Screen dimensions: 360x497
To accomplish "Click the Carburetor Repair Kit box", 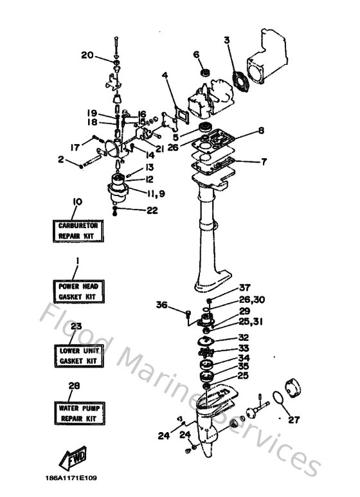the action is [78, 231].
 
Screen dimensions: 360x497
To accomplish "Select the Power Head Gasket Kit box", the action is [78, 292].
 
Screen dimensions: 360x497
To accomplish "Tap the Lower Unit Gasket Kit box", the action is [79, 356].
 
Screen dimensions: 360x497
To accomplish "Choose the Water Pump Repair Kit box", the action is [80, 413].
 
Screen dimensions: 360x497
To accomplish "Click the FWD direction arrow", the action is [73, 458].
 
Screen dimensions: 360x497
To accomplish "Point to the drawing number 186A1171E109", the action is [71, 478].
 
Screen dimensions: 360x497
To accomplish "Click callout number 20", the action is [87, 55].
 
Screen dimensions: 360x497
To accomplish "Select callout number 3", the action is [226, 41].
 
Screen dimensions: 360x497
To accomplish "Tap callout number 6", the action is [197, 55].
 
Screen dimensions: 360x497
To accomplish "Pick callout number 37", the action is [245, 288].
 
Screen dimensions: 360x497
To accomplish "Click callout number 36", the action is [161, 305].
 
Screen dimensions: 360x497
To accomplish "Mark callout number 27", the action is [294, 420].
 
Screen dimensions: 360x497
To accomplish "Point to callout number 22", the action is [152, 210].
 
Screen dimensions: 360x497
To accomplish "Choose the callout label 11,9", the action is [156, 194].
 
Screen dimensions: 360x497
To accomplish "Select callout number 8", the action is [261, 131].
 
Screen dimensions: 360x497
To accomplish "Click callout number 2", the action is [61, 159].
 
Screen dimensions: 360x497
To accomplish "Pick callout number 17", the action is [75, 147].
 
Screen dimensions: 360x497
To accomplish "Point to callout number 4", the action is [165, 75].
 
